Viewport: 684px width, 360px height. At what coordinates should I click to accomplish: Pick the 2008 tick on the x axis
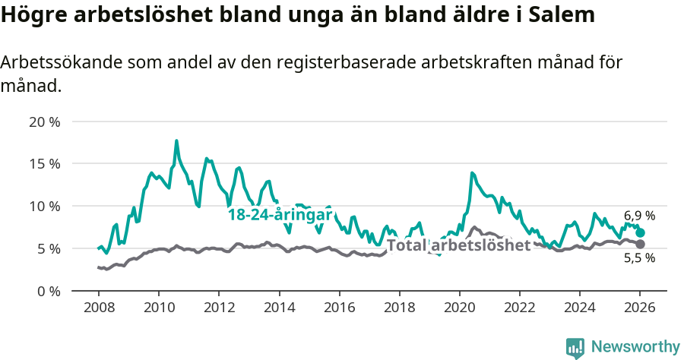pos(98,308)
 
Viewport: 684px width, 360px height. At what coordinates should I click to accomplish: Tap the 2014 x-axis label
pos(279,308)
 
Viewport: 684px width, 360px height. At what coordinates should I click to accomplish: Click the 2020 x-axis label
pos(459,308)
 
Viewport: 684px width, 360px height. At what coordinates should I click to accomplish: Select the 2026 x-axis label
pos(640,308)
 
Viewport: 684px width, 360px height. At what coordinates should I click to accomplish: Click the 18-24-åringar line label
pos(280,215)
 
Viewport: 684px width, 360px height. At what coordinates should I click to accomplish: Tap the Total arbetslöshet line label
pos(459,245)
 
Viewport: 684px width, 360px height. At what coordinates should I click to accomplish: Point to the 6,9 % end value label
pos(640,216)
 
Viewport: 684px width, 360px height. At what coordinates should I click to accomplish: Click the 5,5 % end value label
pos(640,258)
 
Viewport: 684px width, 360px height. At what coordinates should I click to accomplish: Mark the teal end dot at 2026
pos(640,232)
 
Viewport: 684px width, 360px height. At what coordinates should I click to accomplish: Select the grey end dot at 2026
pos(640,244)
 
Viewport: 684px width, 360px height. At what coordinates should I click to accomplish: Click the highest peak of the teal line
pos(176,141)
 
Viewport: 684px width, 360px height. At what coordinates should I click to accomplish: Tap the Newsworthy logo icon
pos(575,348)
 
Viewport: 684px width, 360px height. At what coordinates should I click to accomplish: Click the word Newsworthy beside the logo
pos(635,347)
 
